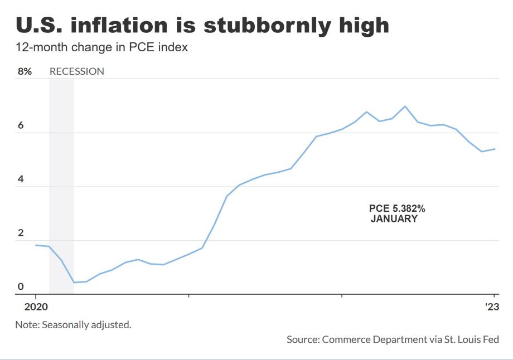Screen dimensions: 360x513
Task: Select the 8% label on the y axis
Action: click(25, 71)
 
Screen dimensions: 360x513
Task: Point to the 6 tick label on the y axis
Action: click(21, 125)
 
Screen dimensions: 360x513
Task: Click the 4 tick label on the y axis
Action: click(21, 179)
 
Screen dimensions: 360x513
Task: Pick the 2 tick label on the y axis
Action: click(21, 233)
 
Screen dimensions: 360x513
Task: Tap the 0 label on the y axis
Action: click(21, 286)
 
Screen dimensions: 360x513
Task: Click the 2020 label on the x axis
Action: click(35, 306)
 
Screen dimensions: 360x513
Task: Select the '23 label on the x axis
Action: click(491, 306)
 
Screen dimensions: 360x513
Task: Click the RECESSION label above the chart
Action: click(77, 71)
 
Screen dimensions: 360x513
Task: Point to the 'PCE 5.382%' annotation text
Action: click(397, 208)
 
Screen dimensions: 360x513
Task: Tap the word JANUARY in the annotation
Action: click(394, 219)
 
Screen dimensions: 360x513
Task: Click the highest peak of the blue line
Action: click(405, 106)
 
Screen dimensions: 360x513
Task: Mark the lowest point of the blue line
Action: click(74, 283)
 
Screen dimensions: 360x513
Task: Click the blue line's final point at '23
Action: click(495, 149)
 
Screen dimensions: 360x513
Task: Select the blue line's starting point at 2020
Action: click(35, 245)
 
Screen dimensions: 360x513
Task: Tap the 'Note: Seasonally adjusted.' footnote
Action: click(73, 324)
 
